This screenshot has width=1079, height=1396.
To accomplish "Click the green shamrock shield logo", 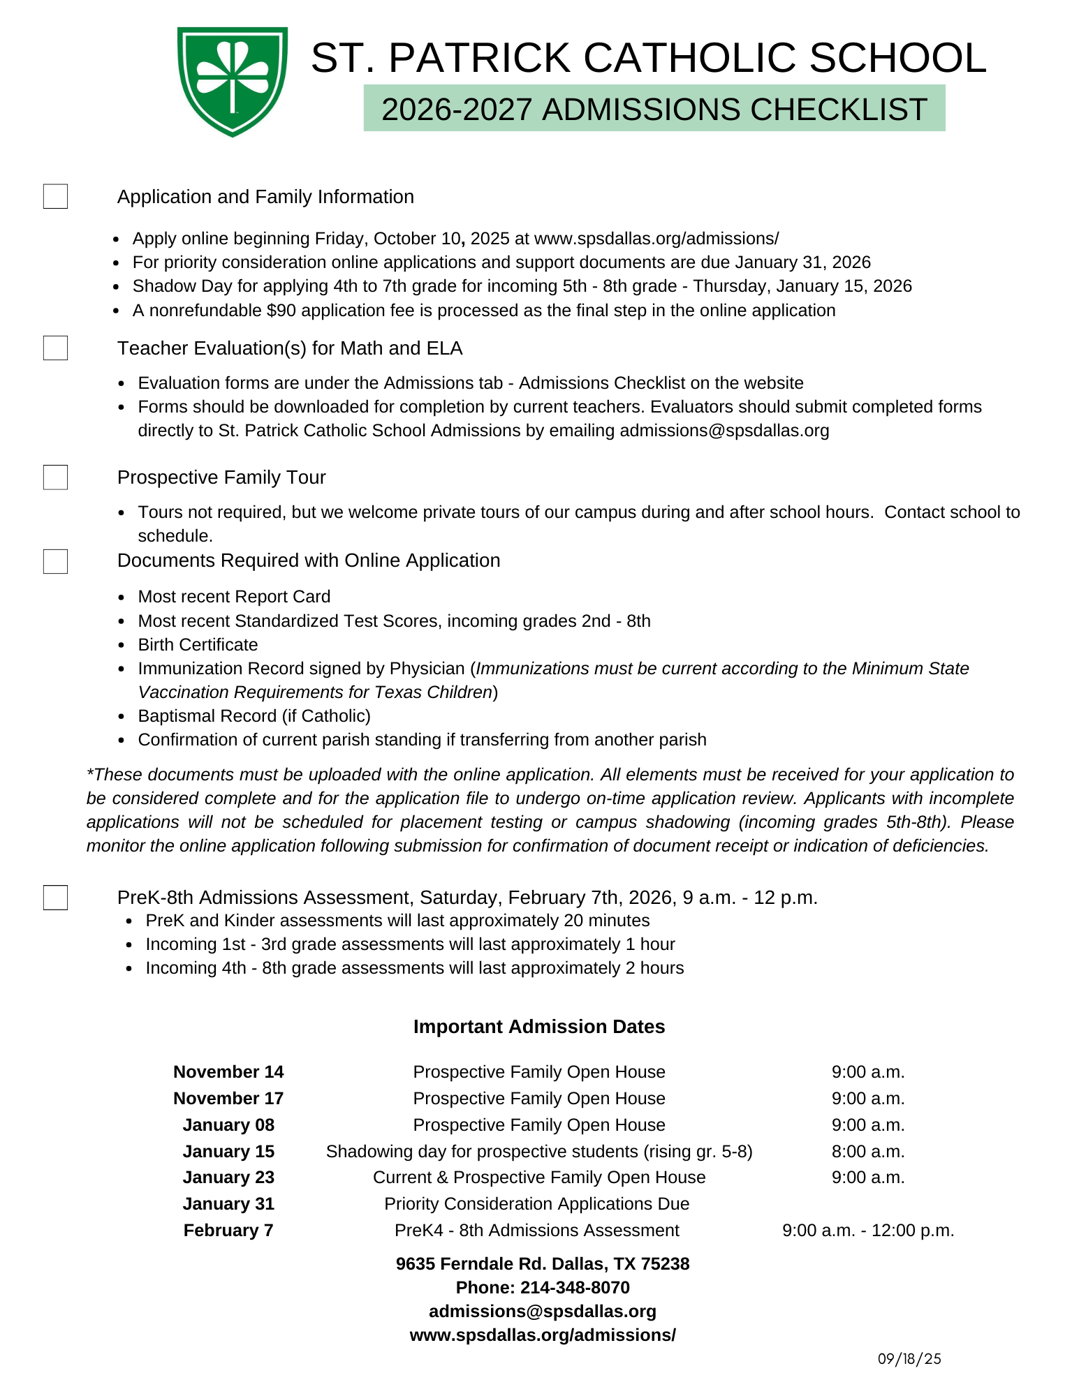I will point(232,81).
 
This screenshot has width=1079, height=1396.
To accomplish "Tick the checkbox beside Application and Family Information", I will point(55,197).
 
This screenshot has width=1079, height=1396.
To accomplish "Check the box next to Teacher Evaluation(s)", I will point(55,348).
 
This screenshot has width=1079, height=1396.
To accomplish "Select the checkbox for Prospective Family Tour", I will point(55,477).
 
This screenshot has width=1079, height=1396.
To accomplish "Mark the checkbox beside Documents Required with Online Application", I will point(55,561).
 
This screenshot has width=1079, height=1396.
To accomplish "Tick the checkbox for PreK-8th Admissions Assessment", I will point(55,898).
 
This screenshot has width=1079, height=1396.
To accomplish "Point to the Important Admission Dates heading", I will point(539,1027).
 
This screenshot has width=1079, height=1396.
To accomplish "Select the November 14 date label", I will point(228,1072).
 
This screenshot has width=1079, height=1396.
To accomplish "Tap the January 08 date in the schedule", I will point(228,1125).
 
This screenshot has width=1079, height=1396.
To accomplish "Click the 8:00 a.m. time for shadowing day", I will point(868,1152).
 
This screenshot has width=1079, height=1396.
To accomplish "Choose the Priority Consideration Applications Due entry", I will point(536,1204).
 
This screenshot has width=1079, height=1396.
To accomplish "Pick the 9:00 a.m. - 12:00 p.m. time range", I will point(868,1231).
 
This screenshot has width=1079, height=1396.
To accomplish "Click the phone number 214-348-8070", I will point(575,1288).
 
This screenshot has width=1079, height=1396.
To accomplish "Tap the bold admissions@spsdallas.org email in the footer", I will point(543,1312).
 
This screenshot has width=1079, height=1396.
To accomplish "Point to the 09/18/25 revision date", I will point(909,1359).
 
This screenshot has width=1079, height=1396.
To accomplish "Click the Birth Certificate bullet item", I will point(198,645).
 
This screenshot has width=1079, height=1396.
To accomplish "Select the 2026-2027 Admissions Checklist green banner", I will point(654,109).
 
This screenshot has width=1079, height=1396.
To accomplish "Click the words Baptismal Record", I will point(207,716).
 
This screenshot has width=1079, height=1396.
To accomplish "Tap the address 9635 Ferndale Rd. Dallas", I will point(543,1264).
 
